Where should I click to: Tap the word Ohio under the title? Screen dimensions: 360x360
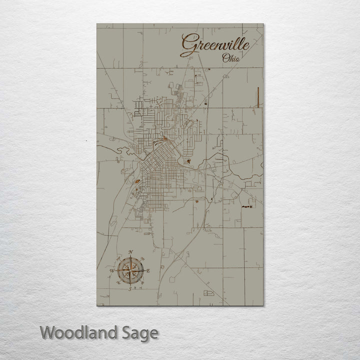tap(230, 58)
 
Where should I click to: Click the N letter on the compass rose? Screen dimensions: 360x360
tap(130, 252)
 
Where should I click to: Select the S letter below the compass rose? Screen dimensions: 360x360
tap(130, 289)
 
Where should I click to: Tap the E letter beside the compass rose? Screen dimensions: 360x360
tap(148, 270)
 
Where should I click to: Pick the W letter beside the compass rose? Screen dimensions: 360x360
tap(111, 271)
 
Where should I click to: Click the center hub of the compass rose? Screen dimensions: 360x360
tap(130, 270)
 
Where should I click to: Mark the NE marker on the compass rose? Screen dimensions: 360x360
tap(142, 259)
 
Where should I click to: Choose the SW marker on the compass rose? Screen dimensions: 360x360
tap(118, 283)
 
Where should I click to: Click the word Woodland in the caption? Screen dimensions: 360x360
tap(79, 332)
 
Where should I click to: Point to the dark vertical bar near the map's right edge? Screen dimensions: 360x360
tap(258, 97)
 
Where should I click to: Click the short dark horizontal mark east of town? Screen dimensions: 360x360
tap(246, 205)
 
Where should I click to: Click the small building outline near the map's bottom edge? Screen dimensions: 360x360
tap(208, 292)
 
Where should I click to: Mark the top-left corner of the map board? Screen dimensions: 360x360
tap(97, 24)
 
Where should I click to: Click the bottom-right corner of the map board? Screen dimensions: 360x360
tap(263, 305)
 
